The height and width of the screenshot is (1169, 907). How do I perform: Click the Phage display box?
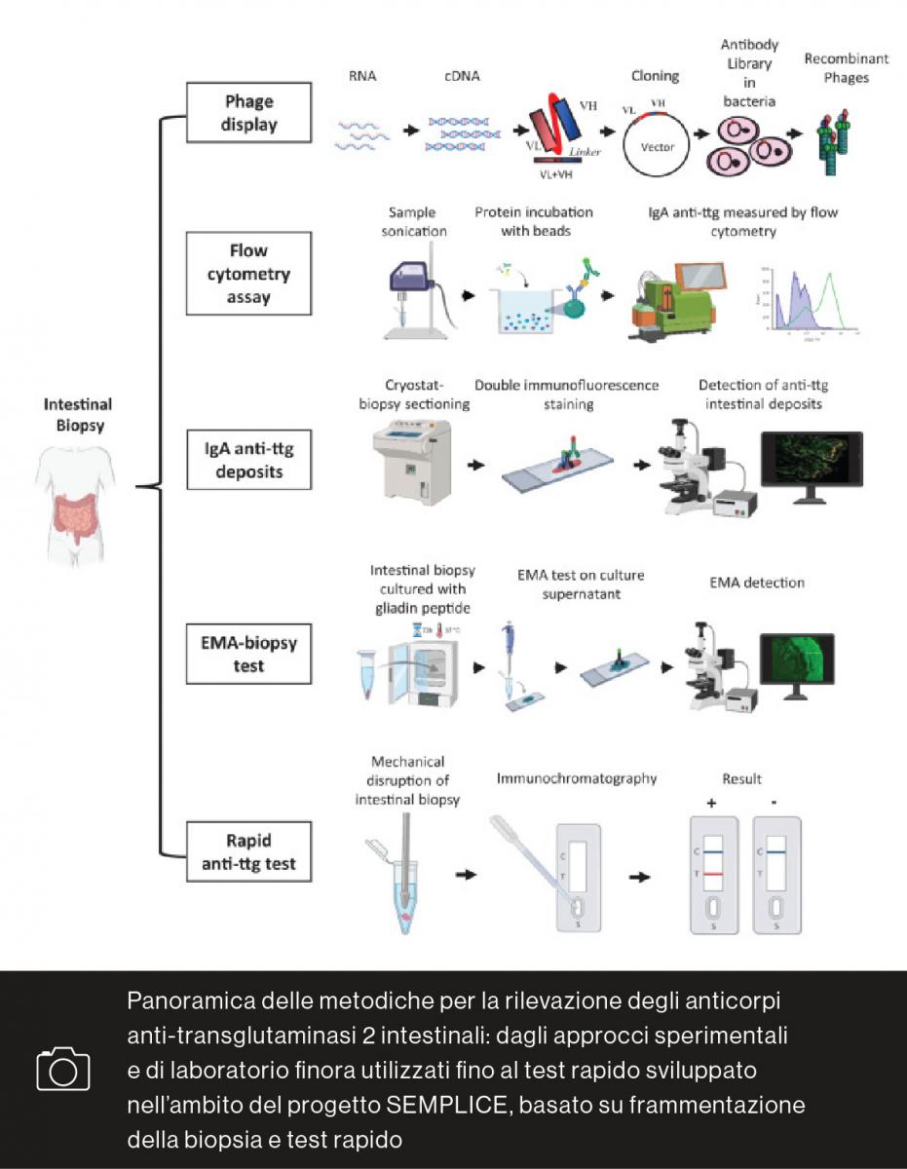pyautogui.click(x=248, y=113)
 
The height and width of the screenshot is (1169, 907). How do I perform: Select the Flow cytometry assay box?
pyautogui.click(x=248, y=274)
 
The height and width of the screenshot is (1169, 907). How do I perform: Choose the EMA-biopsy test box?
pyautogui.click(x=248, y=654)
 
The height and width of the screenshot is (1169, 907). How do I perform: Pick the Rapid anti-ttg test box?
pyautogui.click(x=248, y=851)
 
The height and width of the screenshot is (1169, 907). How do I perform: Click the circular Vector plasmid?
pyautogui.click(x=657, y=145)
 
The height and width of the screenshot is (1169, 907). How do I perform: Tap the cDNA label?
pyautogui.click(x=462, y=76)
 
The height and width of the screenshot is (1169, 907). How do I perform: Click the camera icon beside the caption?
pyautogui.click(x=63, y=1069)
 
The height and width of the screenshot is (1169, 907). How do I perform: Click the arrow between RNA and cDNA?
pyautogui.click(x=410, y=129)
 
